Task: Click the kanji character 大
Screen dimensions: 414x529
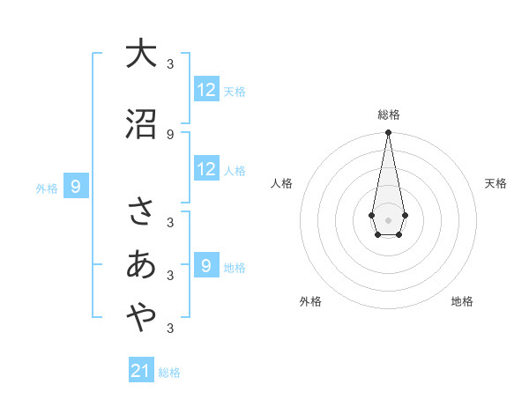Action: [x=141, y=54]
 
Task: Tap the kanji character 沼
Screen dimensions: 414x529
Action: [x=141, y=124]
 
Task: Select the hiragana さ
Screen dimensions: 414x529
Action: [x=141, y=212]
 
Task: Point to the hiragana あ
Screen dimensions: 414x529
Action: [x=141, y=265]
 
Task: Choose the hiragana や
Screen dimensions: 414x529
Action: [x=141, y=318]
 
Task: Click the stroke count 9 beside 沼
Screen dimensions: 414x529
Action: [x=170, y=134]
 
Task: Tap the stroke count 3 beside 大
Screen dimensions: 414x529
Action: [x=170, y=63]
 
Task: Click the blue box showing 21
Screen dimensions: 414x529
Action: [x=141, y=371]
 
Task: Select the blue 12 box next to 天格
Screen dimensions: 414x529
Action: [x=206, y=90]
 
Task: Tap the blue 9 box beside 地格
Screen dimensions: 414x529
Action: [x=206, y=266]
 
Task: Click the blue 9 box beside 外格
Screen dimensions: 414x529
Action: [x=76, y=187]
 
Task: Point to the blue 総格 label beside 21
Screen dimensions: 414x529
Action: [x=169, y=373]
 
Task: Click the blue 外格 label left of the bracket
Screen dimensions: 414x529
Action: [x=46, y=188]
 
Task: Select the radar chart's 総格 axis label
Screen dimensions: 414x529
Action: [x=388, y=115]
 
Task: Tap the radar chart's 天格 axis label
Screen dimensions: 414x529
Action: [x=496, y=183]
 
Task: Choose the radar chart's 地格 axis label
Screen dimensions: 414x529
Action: [x=462, y=301]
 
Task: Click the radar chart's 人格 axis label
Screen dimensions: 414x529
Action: [x=281, y=183]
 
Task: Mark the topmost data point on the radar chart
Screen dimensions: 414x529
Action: [x=388, y=133]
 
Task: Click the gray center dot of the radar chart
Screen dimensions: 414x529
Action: [x=388, y=218]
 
